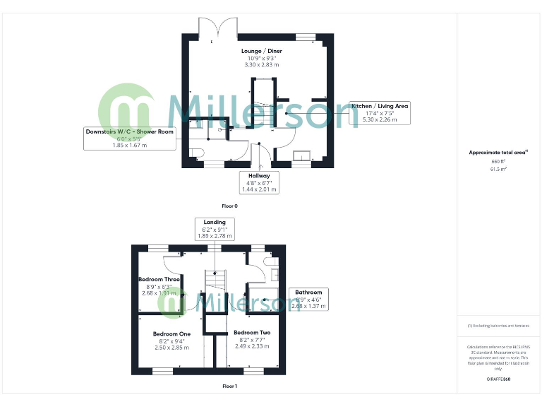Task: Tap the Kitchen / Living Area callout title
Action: point(380,106)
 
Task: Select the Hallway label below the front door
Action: point(259,175)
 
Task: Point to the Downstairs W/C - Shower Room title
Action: point(129,131)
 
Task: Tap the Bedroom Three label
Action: point(159,280)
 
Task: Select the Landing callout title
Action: point(214,222)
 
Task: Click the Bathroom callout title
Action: point(308,292)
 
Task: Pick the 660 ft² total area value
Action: point(499,161)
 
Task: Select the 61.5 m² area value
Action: point(499,170)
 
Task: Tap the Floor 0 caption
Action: point(229,206)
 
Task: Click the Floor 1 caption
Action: point(229,387)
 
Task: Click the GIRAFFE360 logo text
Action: point(498,380)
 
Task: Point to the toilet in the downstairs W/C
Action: point(197,153)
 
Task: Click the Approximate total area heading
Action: point(498,152)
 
